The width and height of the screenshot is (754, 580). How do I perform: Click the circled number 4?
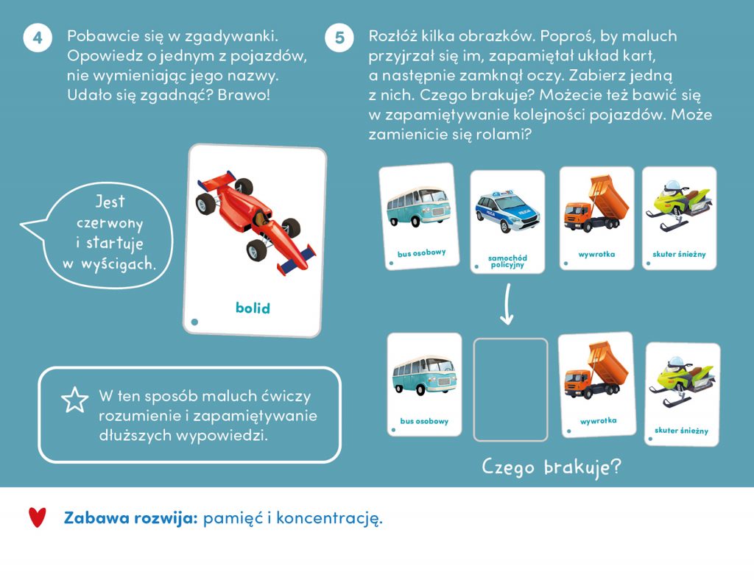click(x=38, y=38)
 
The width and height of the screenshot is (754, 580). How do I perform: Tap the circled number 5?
click(x=339, y=38)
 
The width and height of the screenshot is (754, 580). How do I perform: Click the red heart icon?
click(x=37, y=517)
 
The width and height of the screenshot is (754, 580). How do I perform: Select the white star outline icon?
click(x=74, y=400)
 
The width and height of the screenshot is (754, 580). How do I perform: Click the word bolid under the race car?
click(x=253, y=308)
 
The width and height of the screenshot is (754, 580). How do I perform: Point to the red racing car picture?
click(x=256, y=223)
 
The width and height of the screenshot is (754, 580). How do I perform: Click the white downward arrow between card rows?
click(x=507, y=304)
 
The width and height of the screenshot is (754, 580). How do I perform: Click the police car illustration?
click(x=507, y=211)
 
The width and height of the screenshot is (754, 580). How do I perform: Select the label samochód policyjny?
click(x=507, y=261)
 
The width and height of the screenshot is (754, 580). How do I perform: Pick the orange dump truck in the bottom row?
click(x=596, y=370)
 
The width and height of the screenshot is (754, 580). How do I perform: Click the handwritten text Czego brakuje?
click(x=551, y=467)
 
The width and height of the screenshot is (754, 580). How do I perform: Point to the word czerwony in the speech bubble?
click(x=110, y=224)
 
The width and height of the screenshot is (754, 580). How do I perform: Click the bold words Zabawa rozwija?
click(x=131, y=517)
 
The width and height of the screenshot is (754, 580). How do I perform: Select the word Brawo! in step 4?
click(x=244, y=95)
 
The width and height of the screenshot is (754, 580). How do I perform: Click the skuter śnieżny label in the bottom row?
click(x=681, y=430)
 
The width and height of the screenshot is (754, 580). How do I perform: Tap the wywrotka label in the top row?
click(x=596, y=254)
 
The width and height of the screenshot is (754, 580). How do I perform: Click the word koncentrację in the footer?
click(x=329, y=518)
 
